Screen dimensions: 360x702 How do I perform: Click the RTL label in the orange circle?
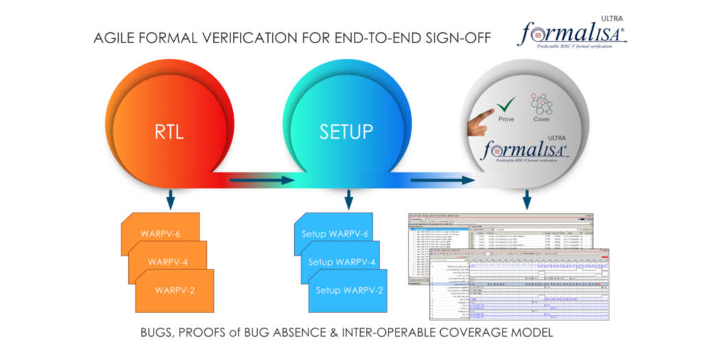pyautogui.click(x=168, y=131)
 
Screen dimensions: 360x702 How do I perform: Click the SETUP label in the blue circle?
pyautogui.click(x=346, y=131)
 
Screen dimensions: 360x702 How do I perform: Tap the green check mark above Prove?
pyautogui.click(x=505, y=105)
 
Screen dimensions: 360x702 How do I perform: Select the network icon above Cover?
pyautogui.click(x=542, y=104)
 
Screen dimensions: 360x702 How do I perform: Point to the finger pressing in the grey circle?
pyautogui.click(x=481, y=123)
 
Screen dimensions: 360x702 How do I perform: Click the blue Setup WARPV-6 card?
pyautogui.click(x=335, y=234)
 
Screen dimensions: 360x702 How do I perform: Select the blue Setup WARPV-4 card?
pyautogui.click(x=342, y=262)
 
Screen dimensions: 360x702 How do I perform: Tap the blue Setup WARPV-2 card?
pyautogui.click(x=349, y=289)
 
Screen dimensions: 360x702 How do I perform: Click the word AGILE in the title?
pyautogui.click(x=115, y=38)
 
